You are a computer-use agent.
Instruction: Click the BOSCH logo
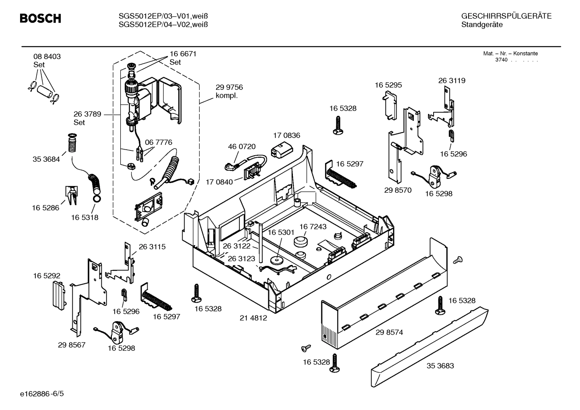pyautogui.click(x=40, y=19)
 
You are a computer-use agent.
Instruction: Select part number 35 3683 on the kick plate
pyautogui.click(x=440, y=366)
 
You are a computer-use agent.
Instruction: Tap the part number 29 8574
pyautogui.click(x=389, y=332)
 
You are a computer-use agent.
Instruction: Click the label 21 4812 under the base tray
pyautogui.click(x=253, y=318)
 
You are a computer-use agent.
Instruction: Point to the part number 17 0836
pyautogui.click(x=286, y=136)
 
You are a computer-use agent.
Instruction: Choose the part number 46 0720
pyautogui.click(x=242, y=147)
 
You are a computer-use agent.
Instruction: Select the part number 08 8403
pyautogui.click(x=47, y=57)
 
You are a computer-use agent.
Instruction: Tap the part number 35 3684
pyautogui.click(x=46, y=159)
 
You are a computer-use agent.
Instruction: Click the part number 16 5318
pyautogui.click(x=84, y=218)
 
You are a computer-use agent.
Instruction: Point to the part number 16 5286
pyautogui.click(x=45, y=208)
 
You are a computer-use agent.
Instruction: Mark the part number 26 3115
pyautogui.click(x=152, y=247)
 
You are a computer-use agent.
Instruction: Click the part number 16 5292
pyautogui.click(x=47, y=276)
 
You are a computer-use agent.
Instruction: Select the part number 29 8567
pyautogui.click(x=72, y=345)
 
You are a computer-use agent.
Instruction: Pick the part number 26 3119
pyautogui.click(x=452, y=80)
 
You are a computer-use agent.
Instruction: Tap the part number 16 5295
pyautogui.click(x=388, y=85)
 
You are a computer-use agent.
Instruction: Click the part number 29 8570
pyautogui.click(x=398, y=190)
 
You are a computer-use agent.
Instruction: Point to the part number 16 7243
pyautogui.click(x=313, y=227)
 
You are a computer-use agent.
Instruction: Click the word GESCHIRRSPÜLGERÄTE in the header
pyautogui.click(x=506, y=16)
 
